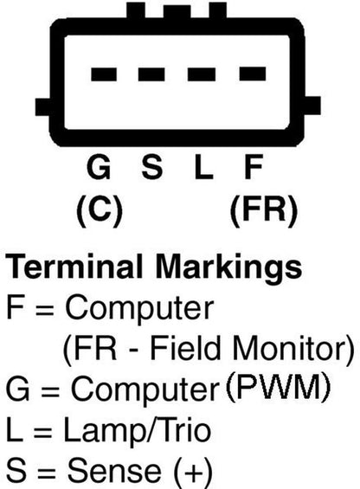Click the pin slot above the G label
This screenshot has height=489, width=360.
104,74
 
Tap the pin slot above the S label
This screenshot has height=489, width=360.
151,74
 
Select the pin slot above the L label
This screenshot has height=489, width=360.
202,74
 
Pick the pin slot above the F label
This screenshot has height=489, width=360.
253,74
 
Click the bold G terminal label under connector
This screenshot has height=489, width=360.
99,167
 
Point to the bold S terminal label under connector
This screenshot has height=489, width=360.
152,167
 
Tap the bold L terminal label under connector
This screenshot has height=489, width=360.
203,167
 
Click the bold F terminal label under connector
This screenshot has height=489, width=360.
254,167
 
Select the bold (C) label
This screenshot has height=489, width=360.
100,210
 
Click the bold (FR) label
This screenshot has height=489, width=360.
264,210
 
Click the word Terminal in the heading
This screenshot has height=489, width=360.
74,267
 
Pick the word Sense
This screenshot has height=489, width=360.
114,470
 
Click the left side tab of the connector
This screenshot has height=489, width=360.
42,107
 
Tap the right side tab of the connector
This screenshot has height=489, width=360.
312,106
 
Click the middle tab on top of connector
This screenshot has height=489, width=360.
177,12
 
